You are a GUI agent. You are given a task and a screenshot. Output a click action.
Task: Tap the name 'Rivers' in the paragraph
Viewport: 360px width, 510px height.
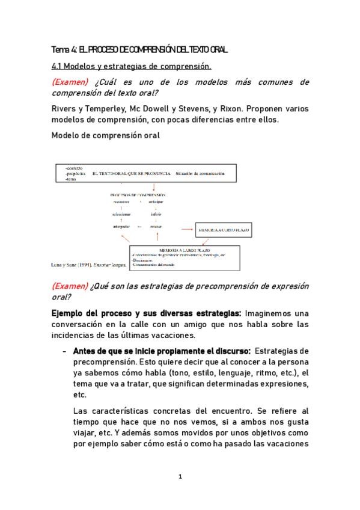click(x=65, y=109)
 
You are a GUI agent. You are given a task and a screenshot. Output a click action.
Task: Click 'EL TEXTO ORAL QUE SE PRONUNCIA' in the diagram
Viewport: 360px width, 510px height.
click(x=131, y=173)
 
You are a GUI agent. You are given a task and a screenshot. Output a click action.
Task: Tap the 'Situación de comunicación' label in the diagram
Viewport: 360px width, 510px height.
click(x=200, y=173)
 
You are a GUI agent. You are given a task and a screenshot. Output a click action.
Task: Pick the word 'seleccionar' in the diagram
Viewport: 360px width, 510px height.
click(x=121, y=214)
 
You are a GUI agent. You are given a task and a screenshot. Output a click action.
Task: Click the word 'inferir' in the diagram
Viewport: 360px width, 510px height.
click(x=156, y=214)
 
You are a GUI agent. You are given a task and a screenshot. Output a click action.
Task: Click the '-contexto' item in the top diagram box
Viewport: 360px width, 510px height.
click(x=74, y=167)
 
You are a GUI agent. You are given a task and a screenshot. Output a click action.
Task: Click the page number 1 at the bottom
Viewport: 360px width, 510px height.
click(x=180, y=477)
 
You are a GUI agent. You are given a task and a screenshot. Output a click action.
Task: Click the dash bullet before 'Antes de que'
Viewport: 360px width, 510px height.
click(x=64, y=351)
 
